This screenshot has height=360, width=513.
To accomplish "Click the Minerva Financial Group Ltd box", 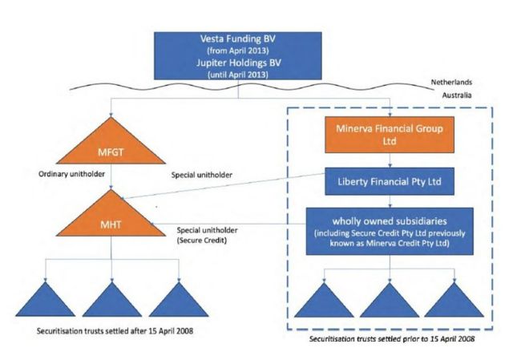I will [389, 135].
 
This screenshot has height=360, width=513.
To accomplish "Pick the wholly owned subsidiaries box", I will [389, 232].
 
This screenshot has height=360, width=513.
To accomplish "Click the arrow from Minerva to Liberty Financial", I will [389, 160].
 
